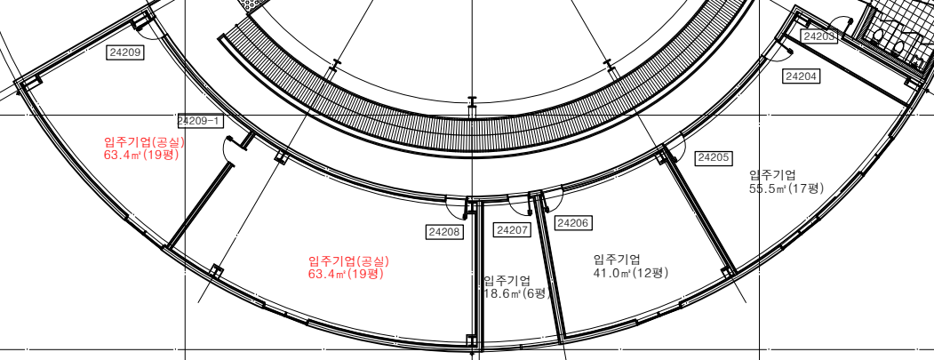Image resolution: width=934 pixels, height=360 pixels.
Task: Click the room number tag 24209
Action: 125,52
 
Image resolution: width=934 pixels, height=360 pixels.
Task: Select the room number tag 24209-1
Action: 200,121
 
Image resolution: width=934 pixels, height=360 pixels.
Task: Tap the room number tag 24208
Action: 445,232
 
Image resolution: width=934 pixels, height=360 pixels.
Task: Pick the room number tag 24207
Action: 513,229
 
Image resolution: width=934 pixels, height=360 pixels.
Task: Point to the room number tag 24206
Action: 573,223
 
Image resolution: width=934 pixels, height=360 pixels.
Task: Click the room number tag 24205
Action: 714,158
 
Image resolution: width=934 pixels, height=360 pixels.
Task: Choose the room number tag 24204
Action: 802,76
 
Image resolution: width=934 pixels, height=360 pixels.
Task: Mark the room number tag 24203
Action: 819,36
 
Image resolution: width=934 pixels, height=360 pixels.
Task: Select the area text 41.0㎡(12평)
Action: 631,273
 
